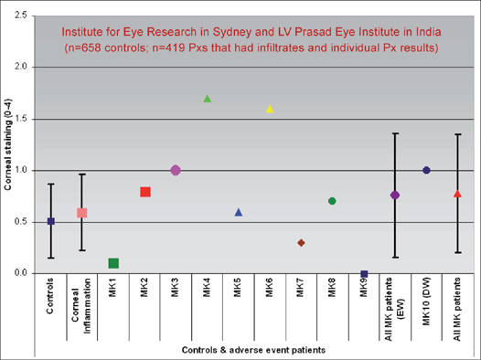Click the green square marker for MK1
point(113,263)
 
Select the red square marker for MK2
point(144,192)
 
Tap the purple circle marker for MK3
point(176,170)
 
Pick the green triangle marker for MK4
point(208,99)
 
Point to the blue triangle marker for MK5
point(239,212)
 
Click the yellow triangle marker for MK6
point(270,109)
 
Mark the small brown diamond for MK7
point(301,243)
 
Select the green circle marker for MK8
point(332,201)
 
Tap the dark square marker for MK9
point(364,274)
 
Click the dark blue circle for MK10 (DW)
point(426,170)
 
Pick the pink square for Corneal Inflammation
point(82,213)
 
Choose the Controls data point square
point(51,221)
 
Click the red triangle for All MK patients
point(457,194)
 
